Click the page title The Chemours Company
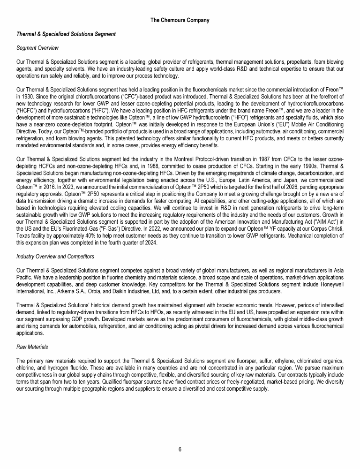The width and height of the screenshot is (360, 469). tap(180, 20)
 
